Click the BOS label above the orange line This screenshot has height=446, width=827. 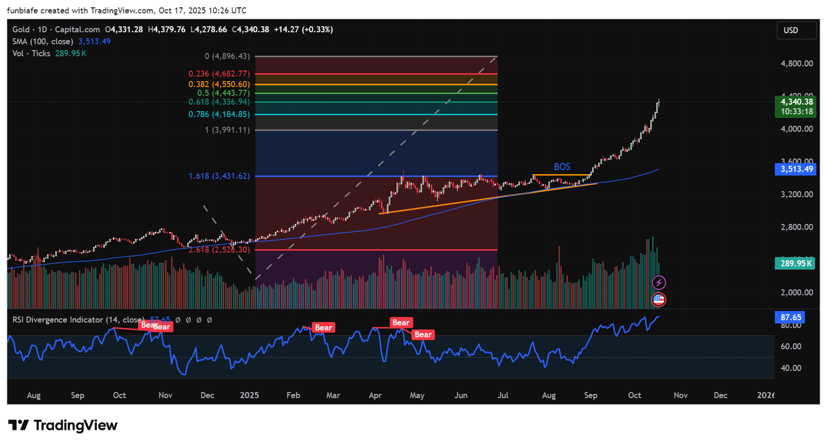tap(562, 167)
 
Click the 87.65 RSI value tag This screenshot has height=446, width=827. tap(791, 317)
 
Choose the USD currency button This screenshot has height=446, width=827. tap(791, 30)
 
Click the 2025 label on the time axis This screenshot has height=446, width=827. tap(249, 395)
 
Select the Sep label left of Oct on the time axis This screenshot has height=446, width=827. tap(77, 395)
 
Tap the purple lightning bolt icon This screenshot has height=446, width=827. tap(659, 283)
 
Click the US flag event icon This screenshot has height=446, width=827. tap(659, 299)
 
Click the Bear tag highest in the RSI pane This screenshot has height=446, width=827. tap(401, 323)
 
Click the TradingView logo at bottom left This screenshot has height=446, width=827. tap(62, 425)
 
